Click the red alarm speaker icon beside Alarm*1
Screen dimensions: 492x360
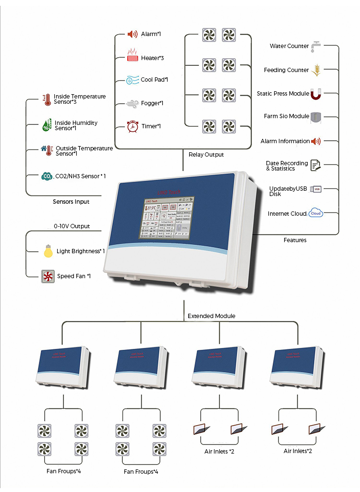point(132,34)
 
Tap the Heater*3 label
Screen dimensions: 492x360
point(153,58)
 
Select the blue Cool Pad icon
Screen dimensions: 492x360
point(132,80)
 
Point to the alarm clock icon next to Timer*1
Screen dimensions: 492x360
point(132,126)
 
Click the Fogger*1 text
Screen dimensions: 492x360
point(152,103)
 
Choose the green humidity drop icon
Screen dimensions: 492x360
point(46,126)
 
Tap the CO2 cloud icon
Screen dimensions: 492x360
point(47,176)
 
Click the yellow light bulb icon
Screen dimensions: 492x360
point(48,251)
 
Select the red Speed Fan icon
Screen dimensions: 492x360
point(47,276)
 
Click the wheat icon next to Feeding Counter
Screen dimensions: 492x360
point(316,70)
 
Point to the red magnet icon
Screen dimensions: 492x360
point(315,94)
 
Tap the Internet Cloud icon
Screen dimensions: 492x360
point(315,213)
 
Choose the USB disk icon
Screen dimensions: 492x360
point(316,189)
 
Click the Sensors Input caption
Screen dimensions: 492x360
point(71,202)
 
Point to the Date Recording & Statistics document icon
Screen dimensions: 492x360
point(315,166)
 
